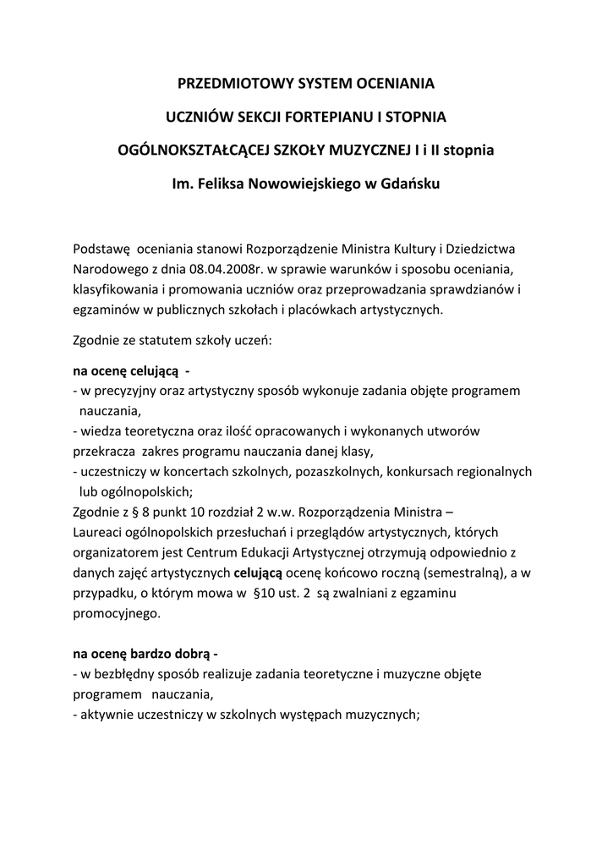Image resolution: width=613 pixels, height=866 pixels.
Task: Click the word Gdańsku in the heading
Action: click(409, 183)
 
